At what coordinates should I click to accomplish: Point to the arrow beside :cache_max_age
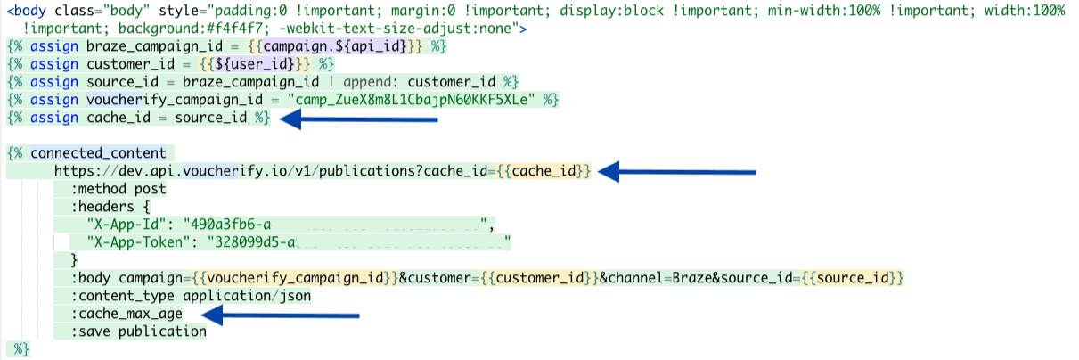[x=280, y=315]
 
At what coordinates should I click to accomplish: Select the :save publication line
[x=140, y=331]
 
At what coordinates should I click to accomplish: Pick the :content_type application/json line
[x=190, y=296]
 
